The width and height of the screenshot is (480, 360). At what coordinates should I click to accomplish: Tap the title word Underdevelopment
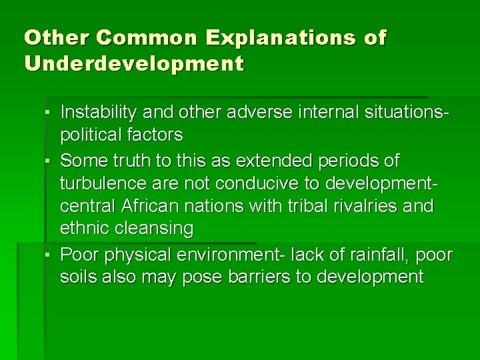(134, 65)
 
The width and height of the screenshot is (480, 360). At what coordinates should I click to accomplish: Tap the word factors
(157, 135)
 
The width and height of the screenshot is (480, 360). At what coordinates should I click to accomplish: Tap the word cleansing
(154, 229)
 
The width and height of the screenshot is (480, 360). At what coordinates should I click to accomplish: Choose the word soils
(78, 277)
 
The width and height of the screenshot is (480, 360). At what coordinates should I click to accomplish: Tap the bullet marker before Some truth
(50, 161)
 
